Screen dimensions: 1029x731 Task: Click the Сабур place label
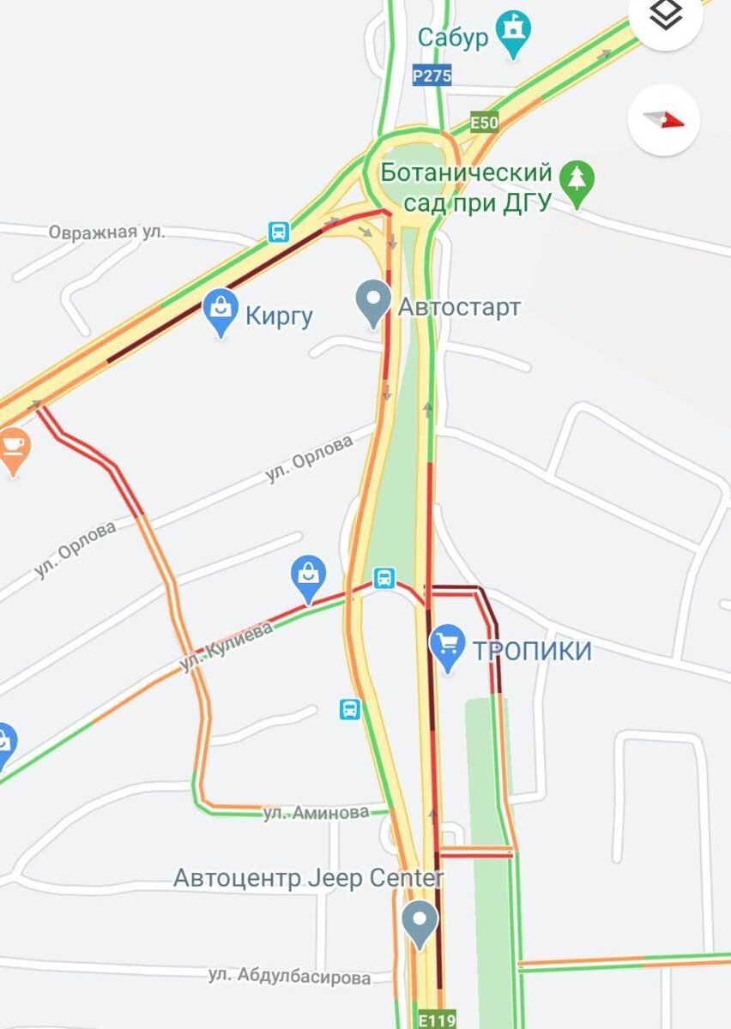pyautogui.click(x=453, y=38)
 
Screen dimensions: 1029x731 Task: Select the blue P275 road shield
pyautogui.click(x=432, y=75)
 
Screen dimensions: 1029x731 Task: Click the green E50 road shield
pyautogui.click(x=484, y=123)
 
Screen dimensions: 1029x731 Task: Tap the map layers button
pyautogui.click(x=666, y=15)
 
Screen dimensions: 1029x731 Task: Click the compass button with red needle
pyautogui.click(x=664, y=119)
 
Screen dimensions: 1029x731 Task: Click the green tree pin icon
pyautogui.click(x=577, y=182)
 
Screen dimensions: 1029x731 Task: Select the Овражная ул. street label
pyautogui.click(x=106, y=232)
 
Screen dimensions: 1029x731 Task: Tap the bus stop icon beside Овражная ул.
pyautogui.click(x=279, y=232)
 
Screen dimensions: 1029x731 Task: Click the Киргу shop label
pyautogui.click(x=279, y=316)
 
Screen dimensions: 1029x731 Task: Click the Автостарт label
pyautogui.click(x=459, y=307)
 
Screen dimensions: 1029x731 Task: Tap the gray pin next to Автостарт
pyautogui.click(x=373, y=302)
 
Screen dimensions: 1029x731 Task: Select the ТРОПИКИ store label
pyautogui.click(x=532, y=651)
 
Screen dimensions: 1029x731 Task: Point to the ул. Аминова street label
pyautogui.click(x=316, y=812)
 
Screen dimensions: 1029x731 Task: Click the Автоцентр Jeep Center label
pyautogui.click(x=309, y=878)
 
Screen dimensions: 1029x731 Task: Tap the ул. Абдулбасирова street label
pyautogui.click(x=289, y=977)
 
